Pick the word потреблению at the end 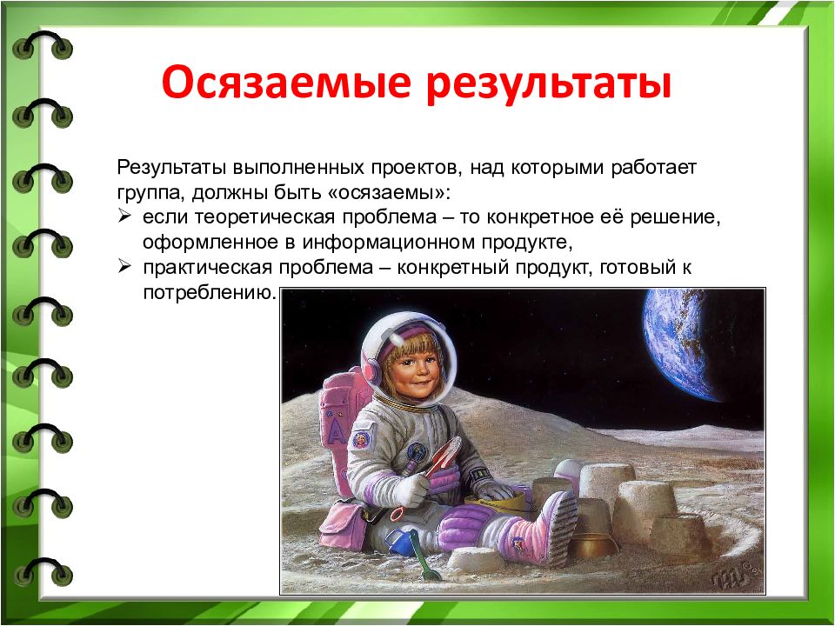click(210, 293)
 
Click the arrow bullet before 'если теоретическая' click(124, 216)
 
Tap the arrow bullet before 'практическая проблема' click(124, 266)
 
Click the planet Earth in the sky click(679, 343)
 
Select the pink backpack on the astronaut click(341, 421)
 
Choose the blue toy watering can click(398, 542)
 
